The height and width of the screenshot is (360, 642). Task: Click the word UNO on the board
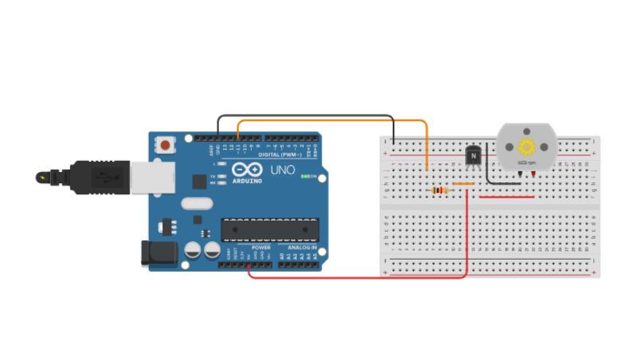tap(284, 170)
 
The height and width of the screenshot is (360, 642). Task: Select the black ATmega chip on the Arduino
tap(270, 229)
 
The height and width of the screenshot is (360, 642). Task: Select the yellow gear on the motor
tap(526, 147)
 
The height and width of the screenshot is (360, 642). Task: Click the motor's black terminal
tap(519, 173)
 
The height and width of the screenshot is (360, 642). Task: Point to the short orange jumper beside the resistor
tap(464, 184)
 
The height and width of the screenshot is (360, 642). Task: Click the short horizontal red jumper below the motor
tap(507, 196)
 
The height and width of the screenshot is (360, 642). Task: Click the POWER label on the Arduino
tap(261, 248)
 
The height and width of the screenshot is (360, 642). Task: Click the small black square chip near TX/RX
tap(198, 181)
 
